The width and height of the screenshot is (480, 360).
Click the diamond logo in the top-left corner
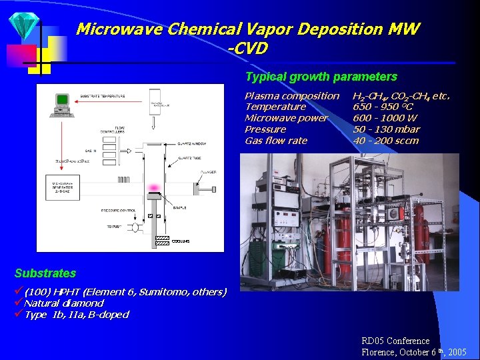click(x=25, y=25)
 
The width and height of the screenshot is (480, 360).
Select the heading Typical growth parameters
click(x=321, y=77)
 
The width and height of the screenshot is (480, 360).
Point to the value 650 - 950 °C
click(x=383, y=107)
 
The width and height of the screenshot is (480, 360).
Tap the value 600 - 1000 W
click(x=385, y=118)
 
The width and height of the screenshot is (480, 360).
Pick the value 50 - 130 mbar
click(x=386, y=129)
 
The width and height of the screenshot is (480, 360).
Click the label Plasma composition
click(x=291, y=96)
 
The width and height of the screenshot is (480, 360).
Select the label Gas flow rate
click(x=275, y=141)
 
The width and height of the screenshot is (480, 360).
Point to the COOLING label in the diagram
click(x=181, y=241)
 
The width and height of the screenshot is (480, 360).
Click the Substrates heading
click(x=45, y=273)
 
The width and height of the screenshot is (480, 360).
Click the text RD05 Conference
click(x=395, y=341)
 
